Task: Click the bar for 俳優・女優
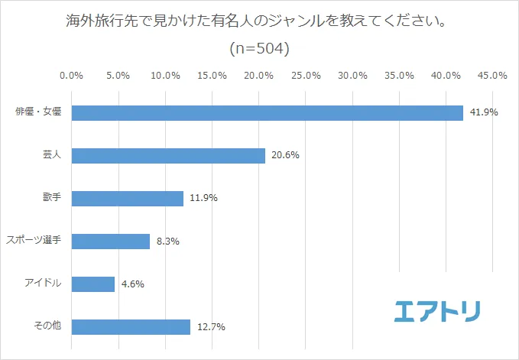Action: point(268,112)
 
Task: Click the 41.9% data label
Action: point(484,112)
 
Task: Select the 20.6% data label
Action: point(284,156)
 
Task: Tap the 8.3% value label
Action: point(167,242)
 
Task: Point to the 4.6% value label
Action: point(131,284)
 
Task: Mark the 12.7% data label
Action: point(210,327)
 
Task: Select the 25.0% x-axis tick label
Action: point(306,76)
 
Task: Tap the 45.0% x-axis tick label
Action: point(492,76)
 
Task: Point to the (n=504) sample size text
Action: point(259,49)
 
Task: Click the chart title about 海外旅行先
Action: point(258,20)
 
